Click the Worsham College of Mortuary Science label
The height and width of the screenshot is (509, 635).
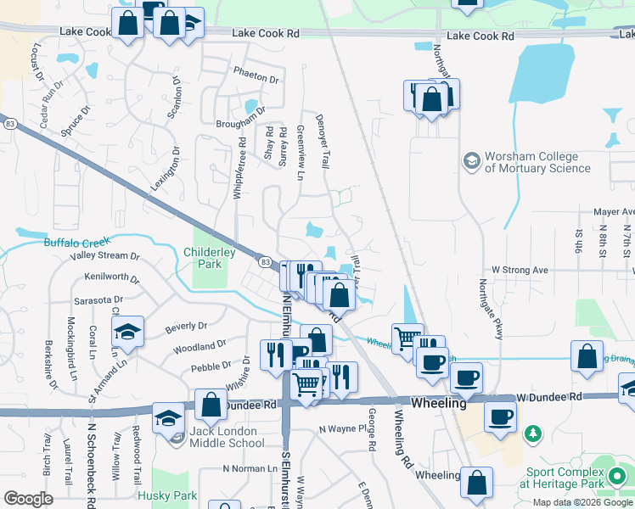[537, 162]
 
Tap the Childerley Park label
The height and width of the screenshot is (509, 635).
[202, 258]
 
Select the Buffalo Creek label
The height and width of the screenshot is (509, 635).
[76, 243]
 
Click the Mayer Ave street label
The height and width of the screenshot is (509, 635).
[614, 211]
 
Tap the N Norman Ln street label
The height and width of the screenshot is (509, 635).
[244, 468]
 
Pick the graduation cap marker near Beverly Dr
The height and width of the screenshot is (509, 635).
[127, 333]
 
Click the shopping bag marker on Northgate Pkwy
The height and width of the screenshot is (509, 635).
[432, 100]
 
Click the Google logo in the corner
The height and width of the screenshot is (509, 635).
[29, 499]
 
